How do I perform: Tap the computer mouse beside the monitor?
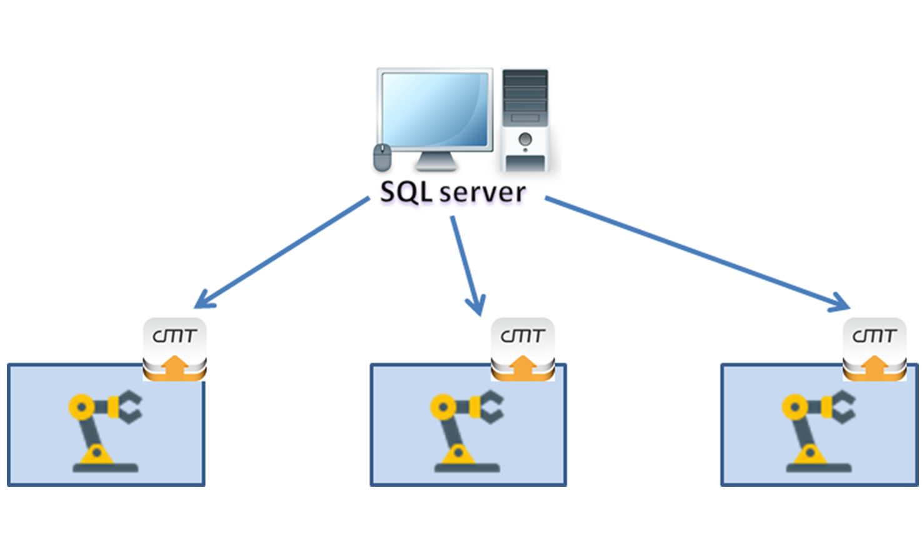pyautogui.click(x=382, y=157)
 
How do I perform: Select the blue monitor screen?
pyautogui.click(x=435, y=110)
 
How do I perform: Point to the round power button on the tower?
pyautogui.click(x=525, y=139)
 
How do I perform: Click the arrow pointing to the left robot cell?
pyautogui.click(x=281, y=253)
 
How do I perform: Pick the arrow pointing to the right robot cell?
pyautogui.click(x=696, y=253)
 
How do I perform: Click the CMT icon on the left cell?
pyautogui.click(x=175, y=349)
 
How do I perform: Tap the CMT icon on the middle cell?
pyautogui.click(x=523, y=349)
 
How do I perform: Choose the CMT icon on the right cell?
pyautogui.click(x=875, y=349)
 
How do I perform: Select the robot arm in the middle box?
pyautogui.click(x=466, y=431)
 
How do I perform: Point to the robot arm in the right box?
pyautogui.click(x=818, y=431)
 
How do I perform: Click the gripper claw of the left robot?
pyautogui.click(x=130, y=407)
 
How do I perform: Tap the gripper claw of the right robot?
pyautogui.click(x=843, y=407)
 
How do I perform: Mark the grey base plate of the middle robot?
pyautogui.click(x=467, y=467)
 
